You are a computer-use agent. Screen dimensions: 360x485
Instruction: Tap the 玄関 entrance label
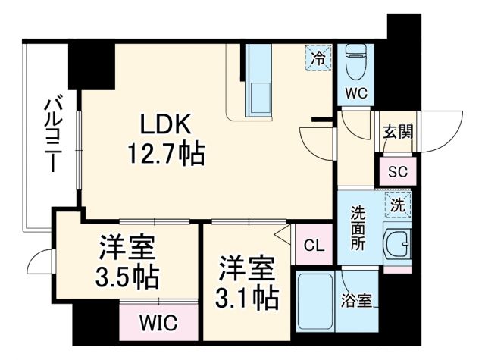click(397, 133)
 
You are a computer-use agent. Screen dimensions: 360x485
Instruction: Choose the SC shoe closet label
click(398, 171)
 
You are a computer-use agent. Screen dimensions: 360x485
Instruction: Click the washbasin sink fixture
click(397, 243)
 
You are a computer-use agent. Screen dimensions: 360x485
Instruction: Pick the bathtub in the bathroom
click(314, 302)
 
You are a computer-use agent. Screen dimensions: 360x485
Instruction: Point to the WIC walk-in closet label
click(158, 322)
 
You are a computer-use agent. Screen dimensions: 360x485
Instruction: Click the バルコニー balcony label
click(52, 133)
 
